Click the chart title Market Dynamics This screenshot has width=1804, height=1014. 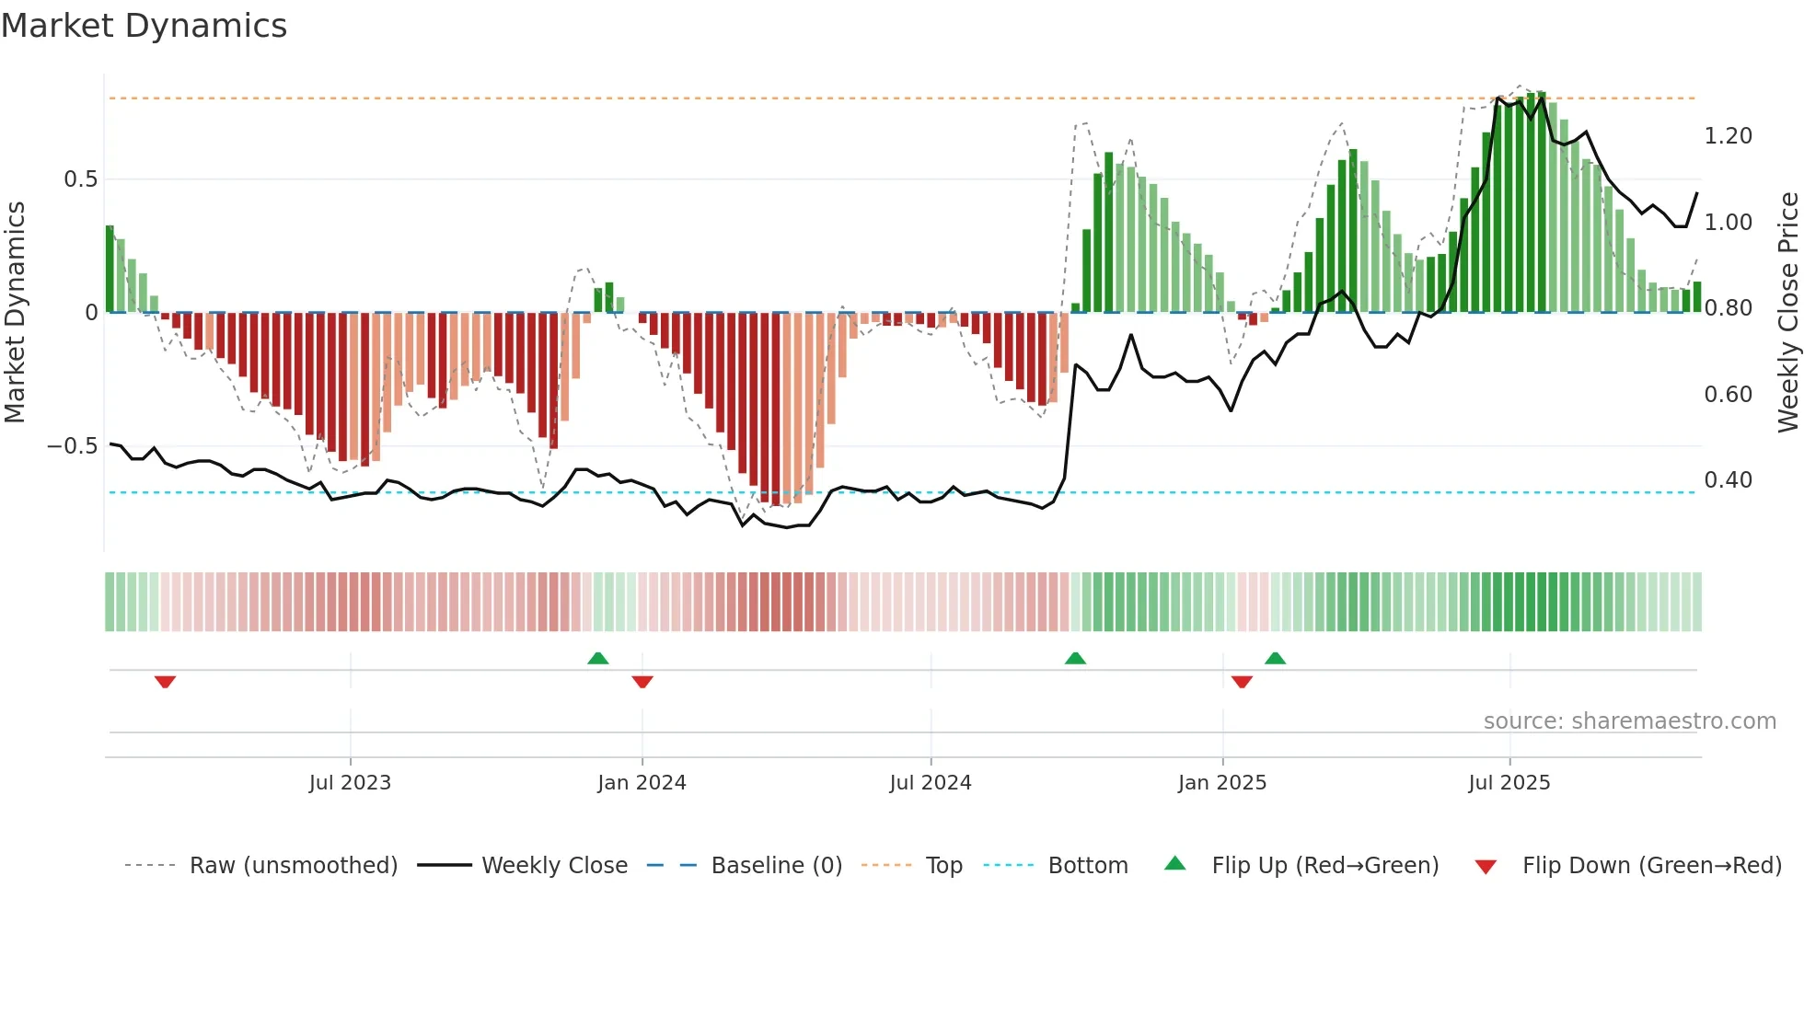144,26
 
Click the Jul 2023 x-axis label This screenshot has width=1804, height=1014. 350,783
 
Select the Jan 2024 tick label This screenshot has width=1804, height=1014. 642,783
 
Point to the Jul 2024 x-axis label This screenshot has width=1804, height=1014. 931,783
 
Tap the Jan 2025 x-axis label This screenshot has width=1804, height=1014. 1222,783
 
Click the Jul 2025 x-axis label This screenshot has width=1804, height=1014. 1509,783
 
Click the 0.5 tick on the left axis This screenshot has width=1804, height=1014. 81,179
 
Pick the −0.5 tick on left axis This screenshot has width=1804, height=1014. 73,446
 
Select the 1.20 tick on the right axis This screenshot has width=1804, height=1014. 1728,136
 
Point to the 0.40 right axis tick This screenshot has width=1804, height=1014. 1728,480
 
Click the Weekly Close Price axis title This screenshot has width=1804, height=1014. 1787,313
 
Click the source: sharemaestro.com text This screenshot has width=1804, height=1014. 1629,721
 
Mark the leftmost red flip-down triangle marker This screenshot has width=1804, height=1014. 165,682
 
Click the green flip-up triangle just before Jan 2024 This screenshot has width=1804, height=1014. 598,658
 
